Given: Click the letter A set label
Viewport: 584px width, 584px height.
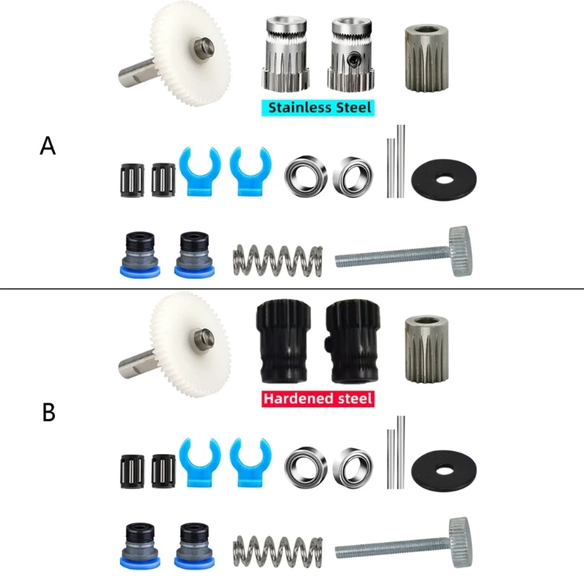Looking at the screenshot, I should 47,146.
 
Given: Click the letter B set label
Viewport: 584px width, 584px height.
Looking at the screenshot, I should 48,412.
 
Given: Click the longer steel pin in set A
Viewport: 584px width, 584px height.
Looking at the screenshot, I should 401,161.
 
